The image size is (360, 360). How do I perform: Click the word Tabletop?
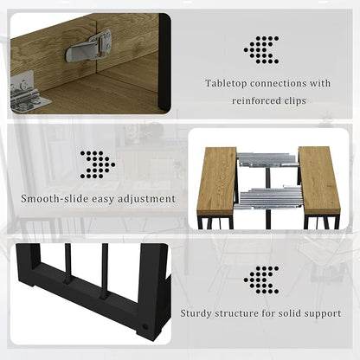(x=226, y=84)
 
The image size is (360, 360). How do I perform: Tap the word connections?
(x=278, y=83)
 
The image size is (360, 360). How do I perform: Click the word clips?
(x=295, y=101)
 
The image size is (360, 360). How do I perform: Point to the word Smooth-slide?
(x=55, y=199)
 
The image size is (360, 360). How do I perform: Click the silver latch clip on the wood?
(x=88, y=47)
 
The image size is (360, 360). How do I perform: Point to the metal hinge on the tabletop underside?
(x=29, y=92)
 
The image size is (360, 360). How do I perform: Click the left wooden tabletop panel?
(x=217, y=180)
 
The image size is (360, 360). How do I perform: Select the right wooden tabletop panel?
(x=319, y=178)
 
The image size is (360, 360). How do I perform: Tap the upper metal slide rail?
(x=267, y=160)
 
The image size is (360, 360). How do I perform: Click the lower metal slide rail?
(x=270, y=197)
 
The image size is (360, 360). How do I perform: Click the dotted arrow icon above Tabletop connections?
(x=261, y=49)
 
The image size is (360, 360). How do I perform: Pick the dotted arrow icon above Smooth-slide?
(x=98, y=164)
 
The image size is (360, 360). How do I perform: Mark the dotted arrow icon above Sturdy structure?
(x=261, y=280)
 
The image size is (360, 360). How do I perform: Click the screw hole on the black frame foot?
(x=145, y=327)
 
